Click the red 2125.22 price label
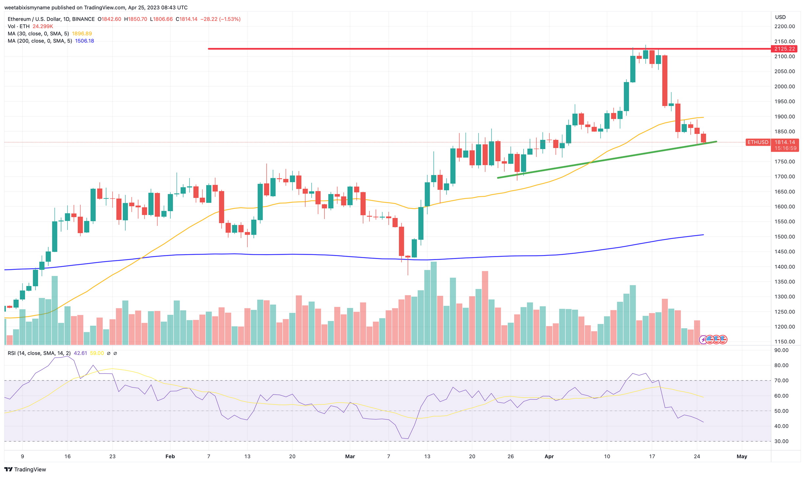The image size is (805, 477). click(x=784, y=49)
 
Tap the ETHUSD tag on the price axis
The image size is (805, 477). click(x=758, y=142)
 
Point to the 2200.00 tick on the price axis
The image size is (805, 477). click(x=784, y=26)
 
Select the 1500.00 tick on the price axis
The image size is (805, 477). click(x=784, y=237)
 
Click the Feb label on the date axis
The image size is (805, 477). click(x=170, y=456)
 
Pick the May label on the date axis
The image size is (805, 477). click(x=742, y=456)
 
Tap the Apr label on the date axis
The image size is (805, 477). click(x=549, y=456)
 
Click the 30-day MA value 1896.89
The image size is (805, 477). click(x=82, y=33)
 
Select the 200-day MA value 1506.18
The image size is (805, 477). click(x=84, y=41)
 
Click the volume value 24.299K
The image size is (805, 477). click(x=43, y=26)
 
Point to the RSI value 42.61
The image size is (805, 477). click(x=80, y=353)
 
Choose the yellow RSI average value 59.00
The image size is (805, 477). click(x=97, y=353)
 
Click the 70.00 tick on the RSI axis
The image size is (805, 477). click(x=781, y=380)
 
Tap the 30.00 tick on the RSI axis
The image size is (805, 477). click(x=781, y=441)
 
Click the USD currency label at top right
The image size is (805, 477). click(x=780, y=17)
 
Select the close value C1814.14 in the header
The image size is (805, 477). click(x=186, y=19)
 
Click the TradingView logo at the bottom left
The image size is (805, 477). click(x=25, y=469)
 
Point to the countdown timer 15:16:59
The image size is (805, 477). click(x=785, y=148)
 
